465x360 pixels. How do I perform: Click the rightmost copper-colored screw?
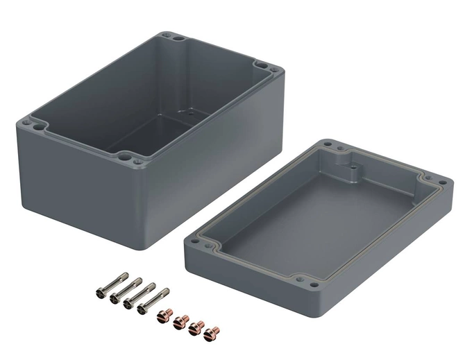[x=214, y=332]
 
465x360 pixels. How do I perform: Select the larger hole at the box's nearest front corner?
[x=133, y=157]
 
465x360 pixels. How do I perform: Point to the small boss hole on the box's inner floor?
[x=184, y=111]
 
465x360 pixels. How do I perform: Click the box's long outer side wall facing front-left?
[x=76, y=187]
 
